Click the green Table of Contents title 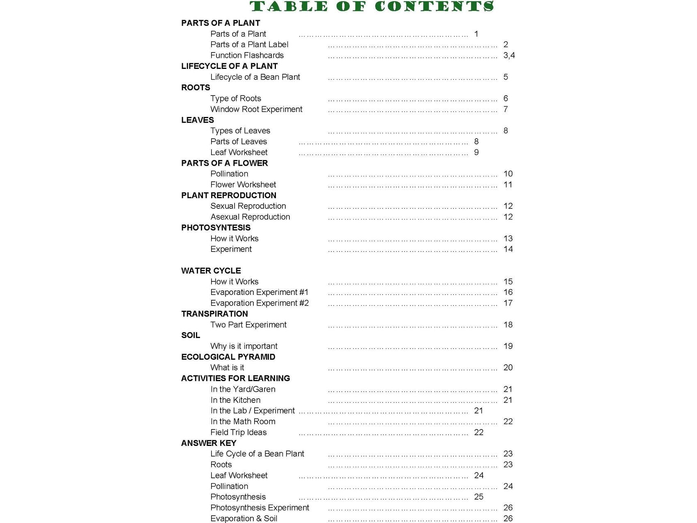(372, 7)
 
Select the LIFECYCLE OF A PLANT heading (229, 66)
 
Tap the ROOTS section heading (196, 87)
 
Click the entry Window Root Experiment (256, 109)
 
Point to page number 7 (506, 109)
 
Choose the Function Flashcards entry (247, 55)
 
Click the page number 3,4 (509, 55)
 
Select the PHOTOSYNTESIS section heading (216, 228)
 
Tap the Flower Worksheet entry (243, 185)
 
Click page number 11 (508, 185)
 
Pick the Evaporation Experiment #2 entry (260, 303)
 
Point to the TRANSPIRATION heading (214, 314)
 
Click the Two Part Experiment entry (248, 325)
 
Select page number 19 (508, 346)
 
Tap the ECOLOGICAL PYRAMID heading (228, 357)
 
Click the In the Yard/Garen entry (243, 389)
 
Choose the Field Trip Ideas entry (238, 432)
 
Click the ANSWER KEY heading (209, 443)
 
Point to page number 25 (478, 497)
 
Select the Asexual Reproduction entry (250, 217)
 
